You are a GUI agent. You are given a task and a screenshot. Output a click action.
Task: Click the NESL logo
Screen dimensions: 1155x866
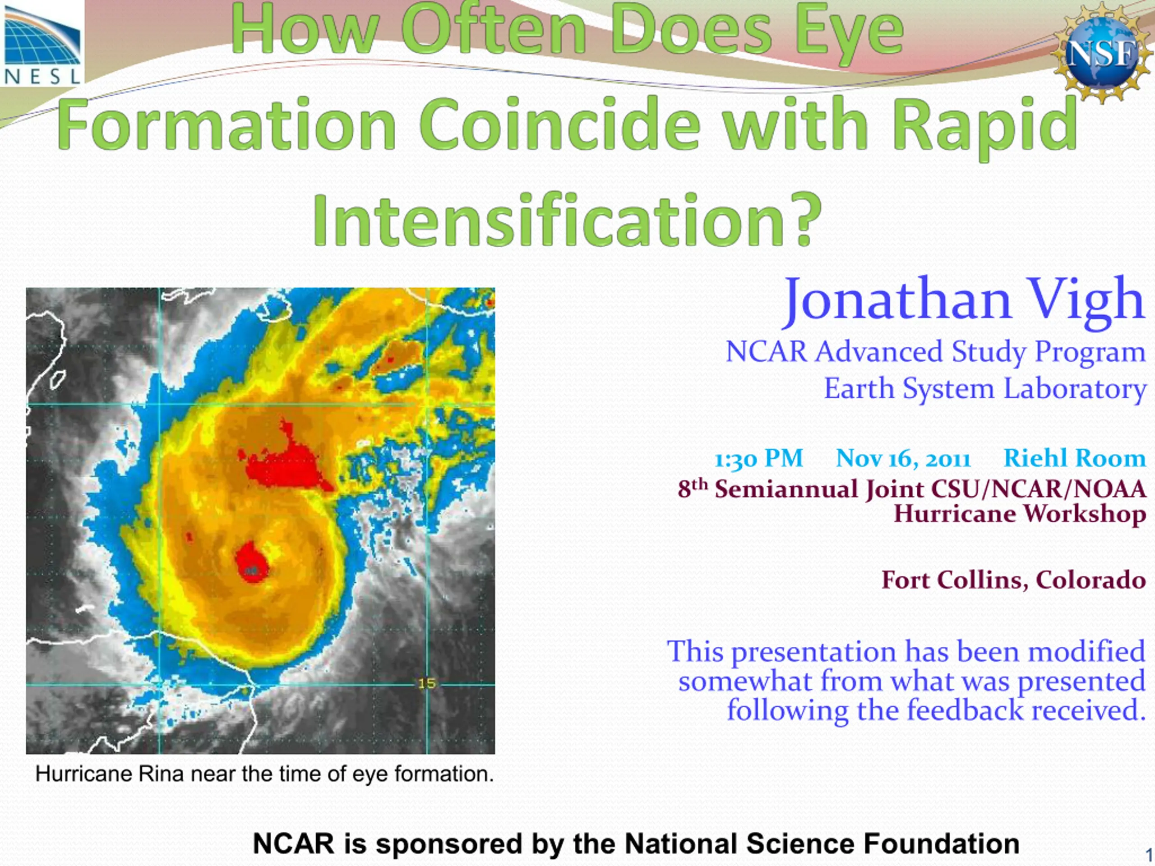(x=42, y=43)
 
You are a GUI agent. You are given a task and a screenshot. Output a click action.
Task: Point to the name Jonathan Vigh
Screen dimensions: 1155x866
(x=964, y=301)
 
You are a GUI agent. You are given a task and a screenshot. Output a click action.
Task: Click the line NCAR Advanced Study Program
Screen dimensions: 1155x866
(x=936, y=352)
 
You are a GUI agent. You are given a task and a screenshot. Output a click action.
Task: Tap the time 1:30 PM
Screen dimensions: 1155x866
(x=758, y=459)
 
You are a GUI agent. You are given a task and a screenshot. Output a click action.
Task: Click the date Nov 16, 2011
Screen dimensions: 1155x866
(x=903, y=459)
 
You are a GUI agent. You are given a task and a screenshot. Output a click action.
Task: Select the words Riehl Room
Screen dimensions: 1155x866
(x=1075, y=458)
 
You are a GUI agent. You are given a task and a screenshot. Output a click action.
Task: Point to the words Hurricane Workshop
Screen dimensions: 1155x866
(x=1020, y=514)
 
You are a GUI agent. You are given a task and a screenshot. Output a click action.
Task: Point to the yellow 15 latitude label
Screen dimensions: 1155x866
(x=427, y=683)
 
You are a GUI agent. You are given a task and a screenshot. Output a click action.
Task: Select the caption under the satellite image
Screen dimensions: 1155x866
(x=265, y=774)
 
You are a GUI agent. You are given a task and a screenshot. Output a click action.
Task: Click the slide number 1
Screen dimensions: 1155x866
(x=1149, y=855)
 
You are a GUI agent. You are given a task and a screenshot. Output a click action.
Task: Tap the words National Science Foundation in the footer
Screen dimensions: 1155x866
(x=822, y=843)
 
